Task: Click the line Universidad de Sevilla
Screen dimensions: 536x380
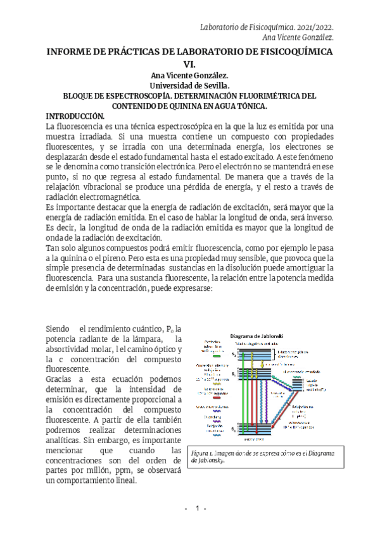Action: pyautogui.click(x=189, y=85)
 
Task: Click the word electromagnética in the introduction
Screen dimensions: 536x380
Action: pyautogui.click(x=109, y=197)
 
